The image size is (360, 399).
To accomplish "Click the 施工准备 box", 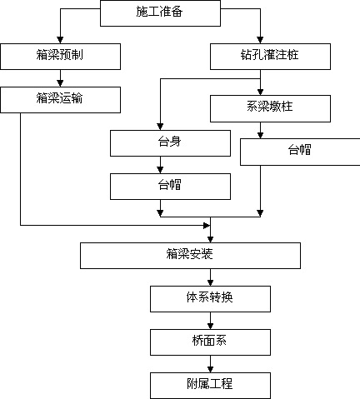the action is (x=160, y=13).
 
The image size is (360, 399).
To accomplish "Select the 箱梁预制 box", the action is (x=60, y=57).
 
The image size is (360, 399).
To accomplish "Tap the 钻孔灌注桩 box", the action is (x=270, y=57).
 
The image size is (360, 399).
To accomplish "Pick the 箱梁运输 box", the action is (x=60, y=100).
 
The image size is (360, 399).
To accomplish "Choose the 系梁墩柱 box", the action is (x=270, y=108).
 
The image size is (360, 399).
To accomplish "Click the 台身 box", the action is (x=170, y=143).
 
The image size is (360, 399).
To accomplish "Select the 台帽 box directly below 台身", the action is (x=170, y=187).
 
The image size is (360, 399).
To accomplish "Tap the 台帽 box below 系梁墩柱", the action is (x=300, y=152).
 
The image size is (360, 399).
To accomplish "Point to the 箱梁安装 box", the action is (x=190, y=256).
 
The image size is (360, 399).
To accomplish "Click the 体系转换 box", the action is (x=210, y=299).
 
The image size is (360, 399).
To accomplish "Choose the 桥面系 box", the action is (x=210, y=342).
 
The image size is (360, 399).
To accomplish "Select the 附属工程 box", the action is (x=210, y=386).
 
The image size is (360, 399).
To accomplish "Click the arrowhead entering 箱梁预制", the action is (x=60, y=40).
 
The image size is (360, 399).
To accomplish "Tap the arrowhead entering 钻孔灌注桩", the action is (x=260, y=40).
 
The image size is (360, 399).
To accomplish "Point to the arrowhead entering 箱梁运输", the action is (x=60, y=83).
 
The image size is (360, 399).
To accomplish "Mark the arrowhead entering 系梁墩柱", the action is (x=260, y=92).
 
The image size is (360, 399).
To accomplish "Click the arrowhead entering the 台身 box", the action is (x=160, y=127).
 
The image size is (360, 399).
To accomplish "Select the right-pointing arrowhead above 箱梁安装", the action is (x=207, y=226).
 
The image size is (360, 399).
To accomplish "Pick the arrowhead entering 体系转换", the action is (x=210, y=282).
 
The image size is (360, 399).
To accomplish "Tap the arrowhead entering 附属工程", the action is (x=210, y=369).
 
